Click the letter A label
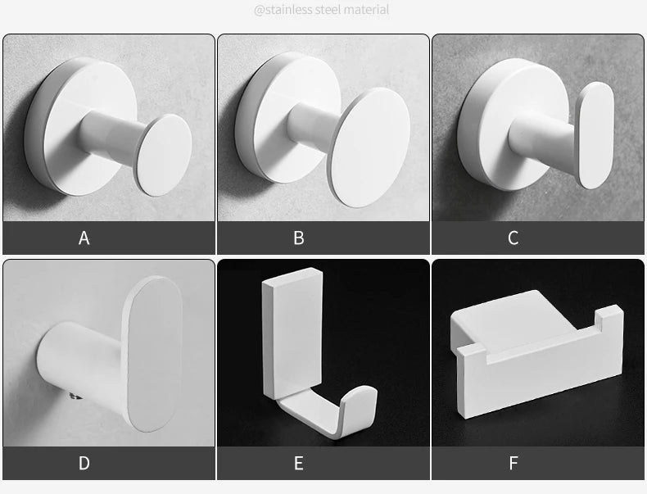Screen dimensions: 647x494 pos(84,238)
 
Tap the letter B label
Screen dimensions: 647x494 pos(299,238)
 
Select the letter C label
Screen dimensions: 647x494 pos(513,238)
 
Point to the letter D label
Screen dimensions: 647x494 pos(84,463)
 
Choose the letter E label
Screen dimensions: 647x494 pos(299,463)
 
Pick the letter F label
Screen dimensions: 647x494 pos(514,463)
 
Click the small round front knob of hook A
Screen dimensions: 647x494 pos(165,155)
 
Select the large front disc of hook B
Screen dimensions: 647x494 pos(370,147)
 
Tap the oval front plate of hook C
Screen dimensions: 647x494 pos(595,135)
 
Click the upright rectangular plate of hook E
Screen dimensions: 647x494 pos(292,333)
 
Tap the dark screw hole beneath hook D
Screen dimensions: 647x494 pos(75,397)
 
